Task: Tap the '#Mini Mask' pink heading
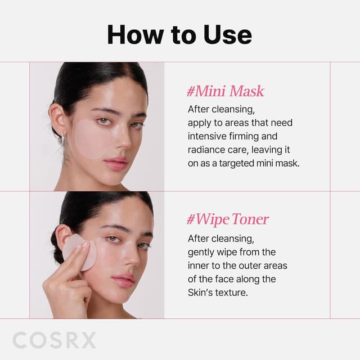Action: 225,91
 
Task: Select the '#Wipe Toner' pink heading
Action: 228,219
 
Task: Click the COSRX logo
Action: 54,340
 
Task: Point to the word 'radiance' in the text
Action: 206,150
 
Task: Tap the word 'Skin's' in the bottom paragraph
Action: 201,292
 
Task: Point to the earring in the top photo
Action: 63,138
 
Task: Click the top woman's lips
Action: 116,163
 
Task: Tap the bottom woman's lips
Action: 123,280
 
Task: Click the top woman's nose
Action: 120,141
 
